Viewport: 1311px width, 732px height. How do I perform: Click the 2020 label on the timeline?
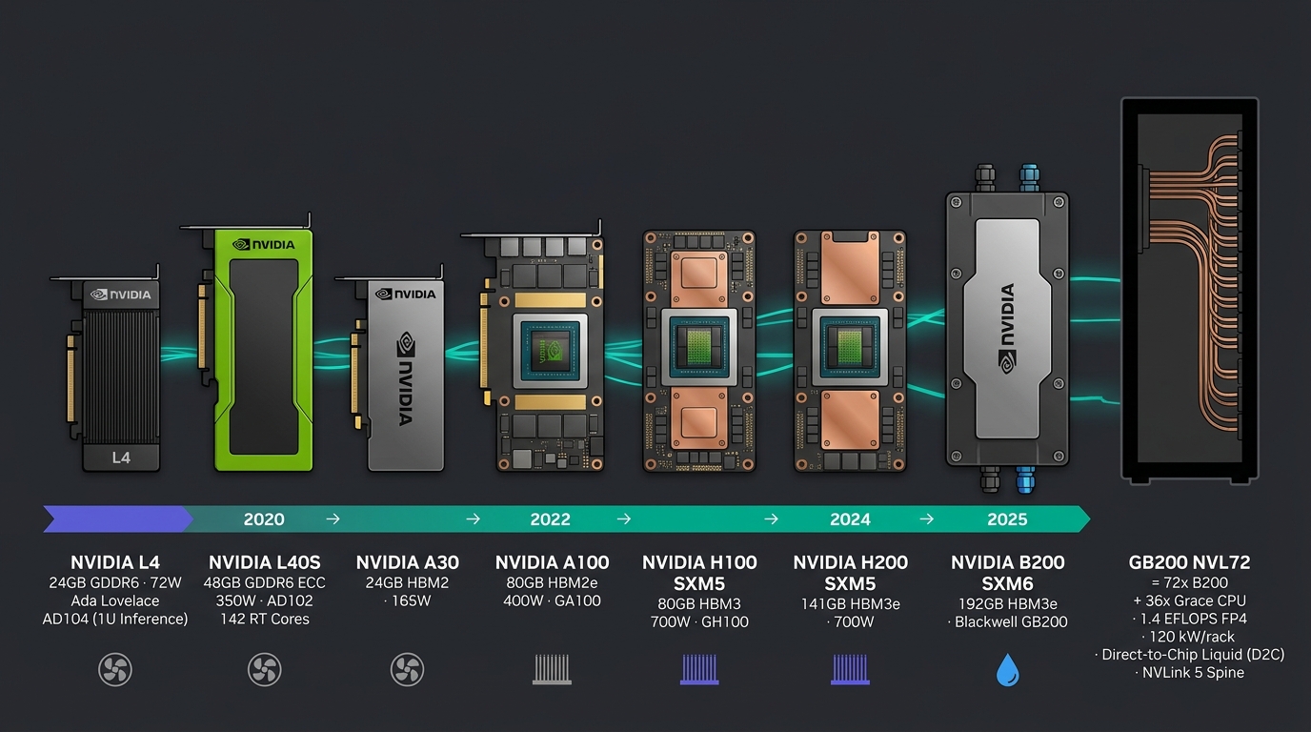[264, 519]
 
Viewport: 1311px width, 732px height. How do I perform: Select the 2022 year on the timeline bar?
[550, 519]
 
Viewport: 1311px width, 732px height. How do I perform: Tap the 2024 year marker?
[851, 519]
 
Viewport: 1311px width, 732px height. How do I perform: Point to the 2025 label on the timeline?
[1007, 519]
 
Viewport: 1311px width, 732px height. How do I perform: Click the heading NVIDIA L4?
[115, 562]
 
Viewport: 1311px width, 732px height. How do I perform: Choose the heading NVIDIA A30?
[408, 562]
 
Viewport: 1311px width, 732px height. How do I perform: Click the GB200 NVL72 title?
[1189, 562]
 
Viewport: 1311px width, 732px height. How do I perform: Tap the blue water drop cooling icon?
[1008, 670]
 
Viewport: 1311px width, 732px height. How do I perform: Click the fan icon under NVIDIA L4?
[115, 669]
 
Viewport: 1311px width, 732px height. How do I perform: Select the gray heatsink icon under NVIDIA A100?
[552, 669]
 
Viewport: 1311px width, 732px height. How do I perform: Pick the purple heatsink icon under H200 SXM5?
[851, 669]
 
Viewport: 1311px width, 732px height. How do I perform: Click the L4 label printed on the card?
[121, 457]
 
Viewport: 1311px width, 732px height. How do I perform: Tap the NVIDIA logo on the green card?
[264, 245]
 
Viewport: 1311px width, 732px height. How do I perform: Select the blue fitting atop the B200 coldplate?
[1029, 177]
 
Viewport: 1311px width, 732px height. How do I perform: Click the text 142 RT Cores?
[265, 619]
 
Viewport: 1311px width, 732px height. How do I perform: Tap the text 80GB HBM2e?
[552, 582]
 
